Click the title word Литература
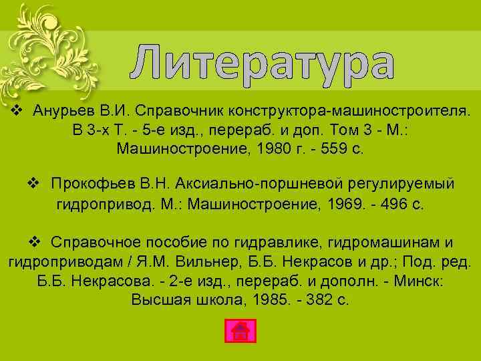[x=261, y=64]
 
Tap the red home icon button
[x=239, y=332]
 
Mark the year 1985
[x=273, y=299]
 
